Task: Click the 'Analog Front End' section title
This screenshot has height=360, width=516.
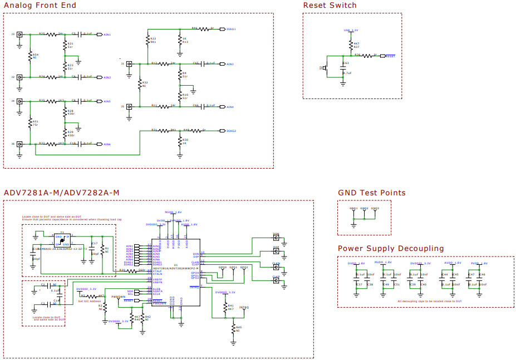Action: [40, 6]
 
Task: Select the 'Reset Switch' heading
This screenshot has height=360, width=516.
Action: [330, 6]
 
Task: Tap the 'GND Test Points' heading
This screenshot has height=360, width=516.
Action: [371, 193]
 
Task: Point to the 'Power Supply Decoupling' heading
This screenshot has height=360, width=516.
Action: [391, 248]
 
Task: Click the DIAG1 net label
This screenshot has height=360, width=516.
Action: [232, 28]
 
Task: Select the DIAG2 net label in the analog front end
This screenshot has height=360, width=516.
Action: [232, 131]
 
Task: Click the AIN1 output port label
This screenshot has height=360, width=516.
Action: [107, 34]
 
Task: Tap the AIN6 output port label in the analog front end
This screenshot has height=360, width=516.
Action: [107, 144]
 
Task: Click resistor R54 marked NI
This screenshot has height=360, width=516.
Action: [31, 56]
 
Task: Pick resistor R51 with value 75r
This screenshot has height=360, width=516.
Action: [31, 122]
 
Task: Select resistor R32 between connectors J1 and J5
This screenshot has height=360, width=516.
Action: [140, 85]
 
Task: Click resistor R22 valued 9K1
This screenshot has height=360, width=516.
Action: [148, 40]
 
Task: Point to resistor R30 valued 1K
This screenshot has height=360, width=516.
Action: [180, 141]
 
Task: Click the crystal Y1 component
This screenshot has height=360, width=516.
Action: [62, 240]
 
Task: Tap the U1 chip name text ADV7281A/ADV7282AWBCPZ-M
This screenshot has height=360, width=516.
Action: [176, 268]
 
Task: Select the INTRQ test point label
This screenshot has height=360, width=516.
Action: [244, 307]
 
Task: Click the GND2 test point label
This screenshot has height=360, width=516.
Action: [364, 209]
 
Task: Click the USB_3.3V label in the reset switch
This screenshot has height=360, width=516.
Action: [351, 30]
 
